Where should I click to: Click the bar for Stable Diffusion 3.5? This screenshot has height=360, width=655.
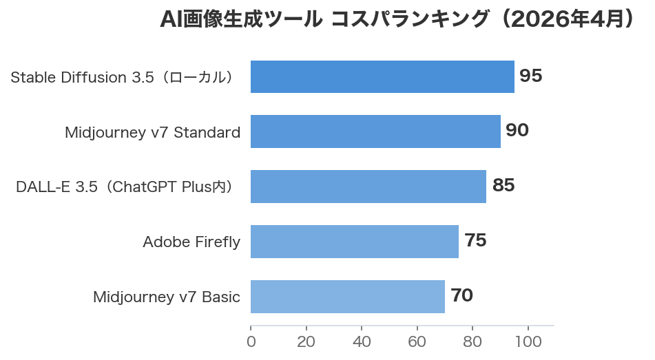click(382, 76)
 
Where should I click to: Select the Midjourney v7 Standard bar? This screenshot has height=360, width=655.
click(375, 131)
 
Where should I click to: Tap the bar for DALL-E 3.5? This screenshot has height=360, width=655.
click(368, 187)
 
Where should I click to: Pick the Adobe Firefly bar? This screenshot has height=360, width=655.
click(355, 242)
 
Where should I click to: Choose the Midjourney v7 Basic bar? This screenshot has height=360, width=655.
click(348, 297)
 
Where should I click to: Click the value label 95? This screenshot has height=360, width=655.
click(531, 76)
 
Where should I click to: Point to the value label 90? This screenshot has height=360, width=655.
click(517, 131)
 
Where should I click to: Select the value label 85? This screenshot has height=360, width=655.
click(503, 186)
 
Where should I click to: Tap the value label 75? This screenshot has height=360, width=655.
click(475, 241)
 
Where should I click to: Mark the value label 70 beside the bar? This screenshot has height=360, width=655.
click(461, 296)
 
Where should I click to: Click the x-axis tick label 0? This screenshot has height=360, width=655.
click(251, 342)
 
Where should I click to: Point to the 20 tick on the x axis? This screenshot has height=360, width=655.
click(306, 342)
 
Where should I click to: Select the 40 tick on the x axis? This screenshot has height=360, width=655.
click(362, 342)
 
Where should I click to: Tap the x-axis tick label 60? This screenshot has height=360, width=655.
click(417, 342)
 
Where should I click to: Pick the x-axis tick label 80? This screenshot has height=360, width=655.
click(472, 342)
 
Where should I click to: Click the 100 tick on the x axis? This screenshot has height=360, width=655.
click(528, 342)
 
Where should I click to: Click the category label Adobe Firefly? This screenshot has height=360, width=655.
click(191, 242)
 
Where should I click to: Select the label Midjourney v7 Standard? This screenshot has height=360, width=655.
click(152, 132)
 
